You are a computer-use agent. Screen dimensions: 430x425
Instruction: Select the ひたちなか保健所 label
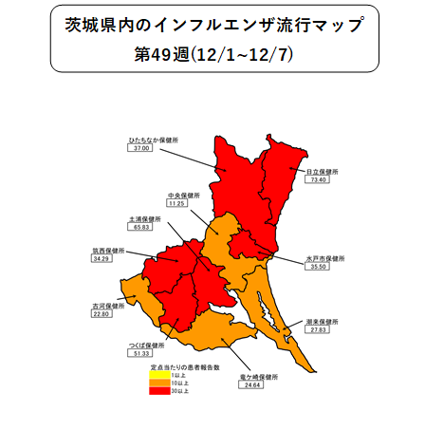click(x=154, y=140)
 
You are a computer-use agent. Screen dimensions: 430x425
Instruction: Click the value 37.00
click(x=142, y=149)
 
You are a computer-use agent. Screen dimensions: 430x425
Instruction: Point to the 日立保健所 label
click(x=318, y=172)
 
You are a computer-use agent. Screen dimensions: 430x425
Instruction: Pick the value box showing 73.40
click(x=317, y=179)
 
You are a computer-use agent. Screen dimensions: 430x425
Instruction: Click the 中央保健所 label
click(x=178, y=196)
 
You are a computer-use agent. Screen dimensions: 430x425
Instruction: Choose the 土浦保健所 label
click(x=143, y=219)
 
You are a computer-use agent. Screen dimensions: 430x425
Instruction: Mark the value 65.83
click(x=142, y=228)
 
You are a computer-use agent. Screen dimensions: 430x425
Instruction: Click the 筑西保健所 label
click(x=108, y=251)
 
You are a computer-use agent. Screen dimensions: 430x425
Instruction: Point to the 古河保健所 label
click(x=108, y=307)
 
